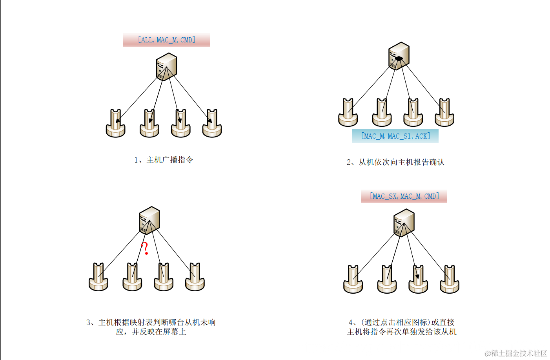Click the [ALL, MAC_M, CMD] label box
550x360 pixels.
pyautogui.click(x=166, y=40)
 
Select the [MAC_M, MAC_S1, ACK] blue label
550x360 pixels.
pyautogui.click(x=395, y=136)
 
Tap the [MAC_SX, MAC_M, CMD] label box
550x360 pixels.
pyautogui.click(x=404, y=196)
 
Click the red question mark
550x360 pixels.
pyautogui.click(x=145, y=248)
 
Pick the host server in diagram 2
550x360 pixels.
pyautogui.click(x=399, y=56)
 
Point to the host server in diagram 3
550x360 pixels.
pyautogui.click(x=149, y=220)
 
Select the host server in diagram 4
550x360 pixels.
pyautogui.click(x=404, y=223)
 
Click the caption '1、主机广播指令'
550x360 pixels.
pyautogui.click(x=164, y=160)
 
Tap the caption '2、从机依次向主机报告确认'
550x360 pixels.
pyautogui.click(x=395, y=162)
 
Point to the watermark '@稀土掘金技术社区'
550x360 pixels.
pyautogui.click(x=516, y=353)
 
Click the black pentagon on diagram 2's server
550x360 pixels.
pyautogui.click(x=399, y=58)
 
